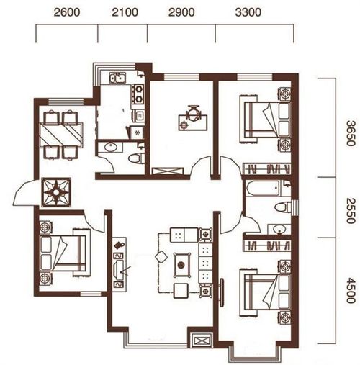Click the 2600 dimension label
(67, 12)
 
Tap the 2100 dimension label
(125, 12)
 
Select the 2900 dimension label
(181, 12)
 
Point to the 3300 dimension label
(248, 12)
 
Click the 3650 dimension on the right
(350, 133)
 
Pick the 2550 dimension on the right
(350, 211)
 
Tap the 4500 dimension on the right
(350, 290)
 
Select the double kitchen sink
(117, 78)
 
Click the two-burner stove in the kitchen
(138, 94)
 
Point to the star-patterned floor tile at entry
(56, 192)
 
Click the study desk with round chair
(193, 118)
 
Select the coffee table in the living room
(181, 265)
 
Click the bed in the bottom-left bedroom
(63, 253)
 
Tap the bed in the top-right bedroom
(266, 120)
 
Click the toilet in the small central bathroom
(135, 158)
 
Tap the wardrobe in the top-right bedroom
(266, 168)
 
